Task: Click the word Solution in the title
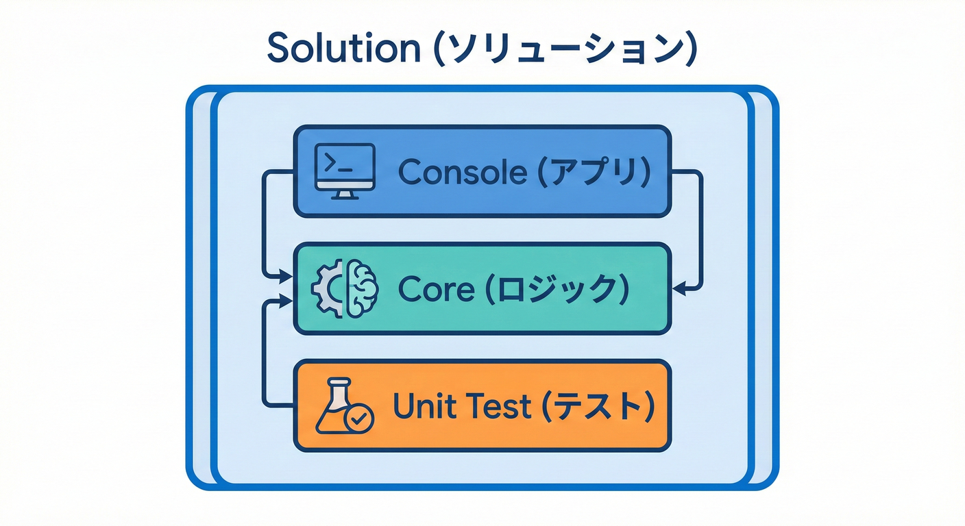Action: [341, 48]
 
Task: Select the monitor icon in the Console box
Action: [344, 171]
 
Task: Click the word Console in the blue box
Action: [463, 172]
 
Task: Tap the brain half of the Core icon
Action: [363, 289]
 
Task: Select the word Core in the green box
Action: [436, 290]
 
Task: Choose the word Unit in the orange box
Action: [417, 407]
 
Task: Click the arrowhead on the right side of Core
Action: [679, 289]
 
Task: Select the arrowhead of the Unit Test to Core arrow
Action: [285, 301]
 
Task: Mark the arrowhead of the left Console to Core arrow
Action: [285, 277]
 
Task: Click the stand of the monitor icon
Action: [344, 194]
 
